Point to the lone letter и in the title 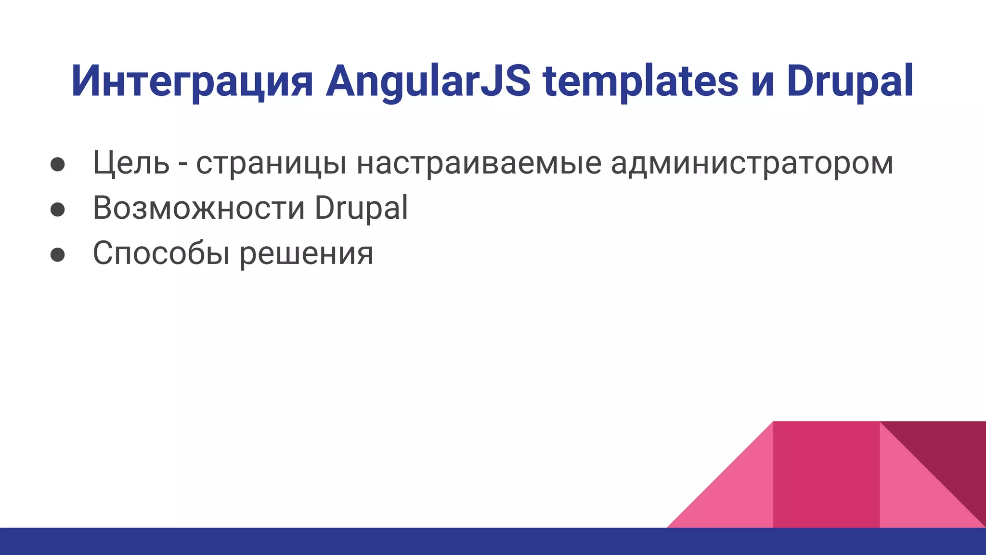click(x=762, y=84)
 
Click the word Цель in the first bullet click(x=131, y=163)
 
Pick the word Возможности click(x=199, y=208)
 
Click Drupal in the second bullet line click(x=361, y=208)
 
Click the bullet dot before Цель click(x=58, y=164)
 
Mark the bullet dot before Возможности click(x=58, y=209)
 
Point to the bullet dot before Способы click(x=58, y=254)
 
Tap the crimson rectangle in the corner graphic click(x=826, y=475)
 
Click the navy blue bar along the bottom click(x=337, y=542)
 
